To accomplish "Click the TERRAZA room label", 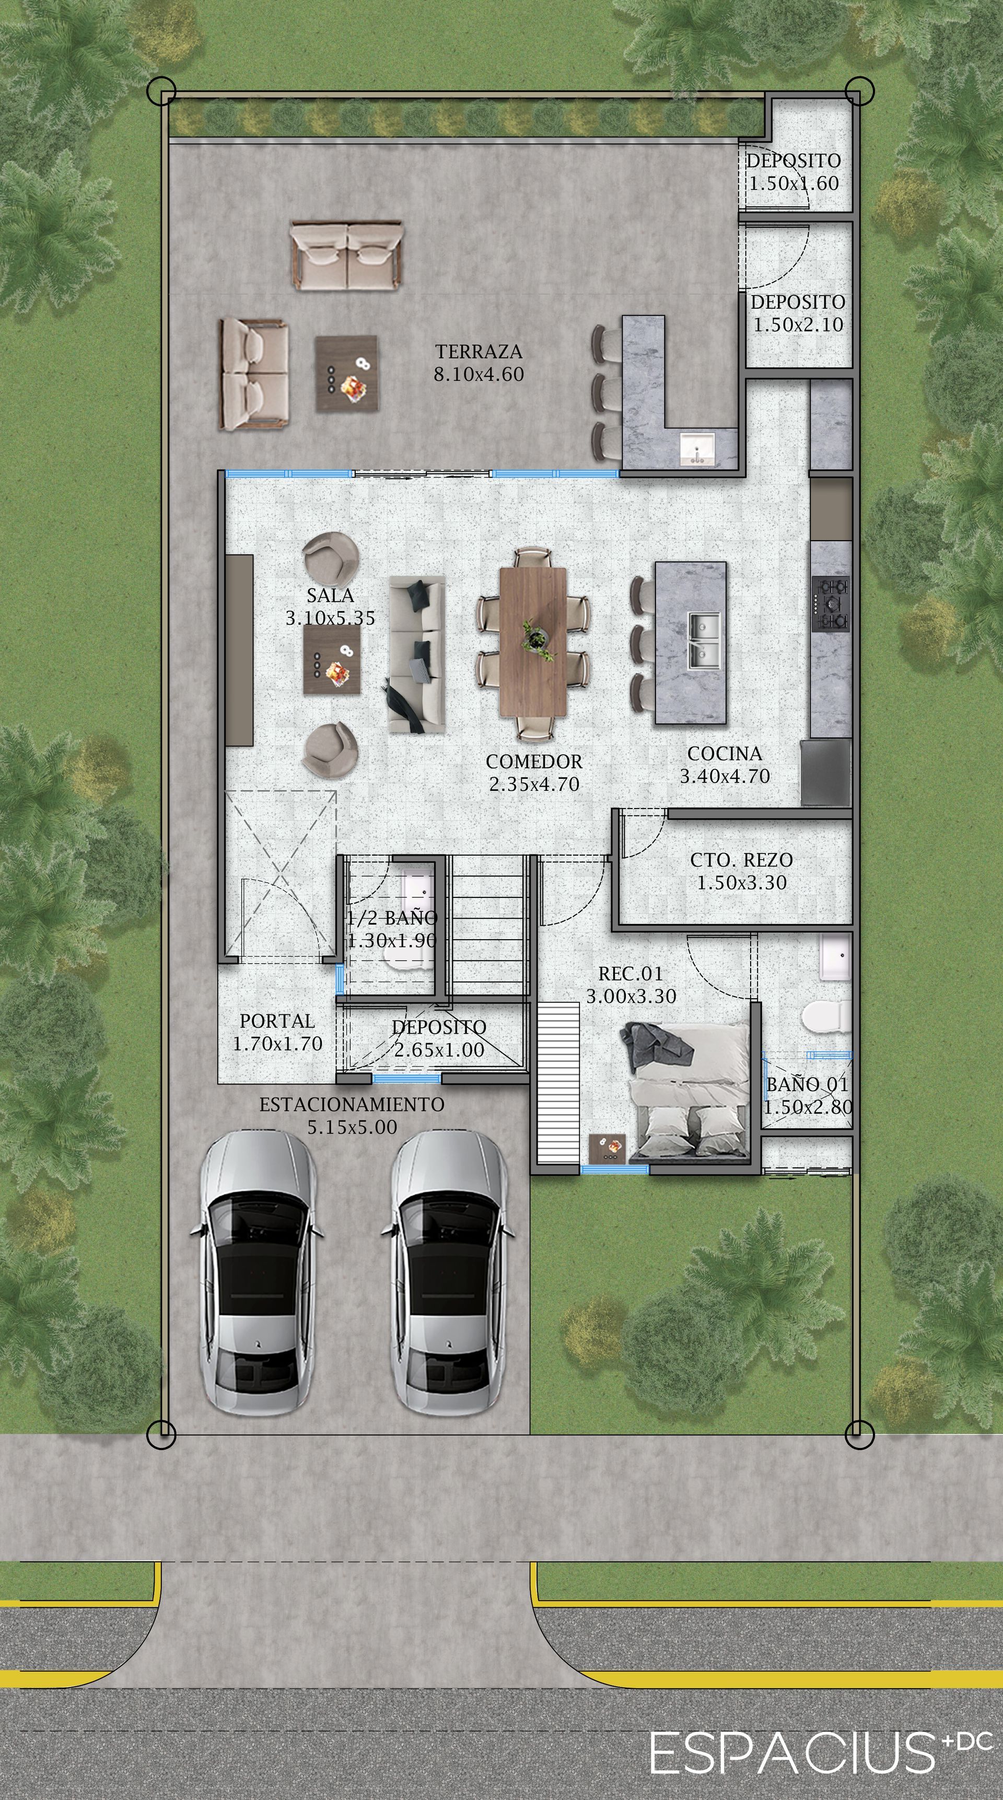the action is click(479, 352).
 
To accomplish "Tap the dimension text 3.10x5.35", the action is click(330, 618).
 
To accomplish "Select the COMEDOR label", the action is click(534, 761).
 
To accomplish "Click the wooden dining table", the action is click(533, 641).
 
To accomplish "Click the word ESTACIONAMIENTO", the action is click(352, 1105).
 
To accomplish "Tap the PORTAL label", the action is click(277, 1021).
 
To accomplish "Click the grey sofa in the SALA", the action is click(416, 654).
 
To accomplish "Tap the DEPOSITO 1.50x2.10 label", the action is click(798, 313).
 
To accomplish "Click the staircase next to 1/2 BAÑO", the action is click(487, 926).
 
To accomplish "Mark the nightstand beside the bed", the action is click(607, 1148).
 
